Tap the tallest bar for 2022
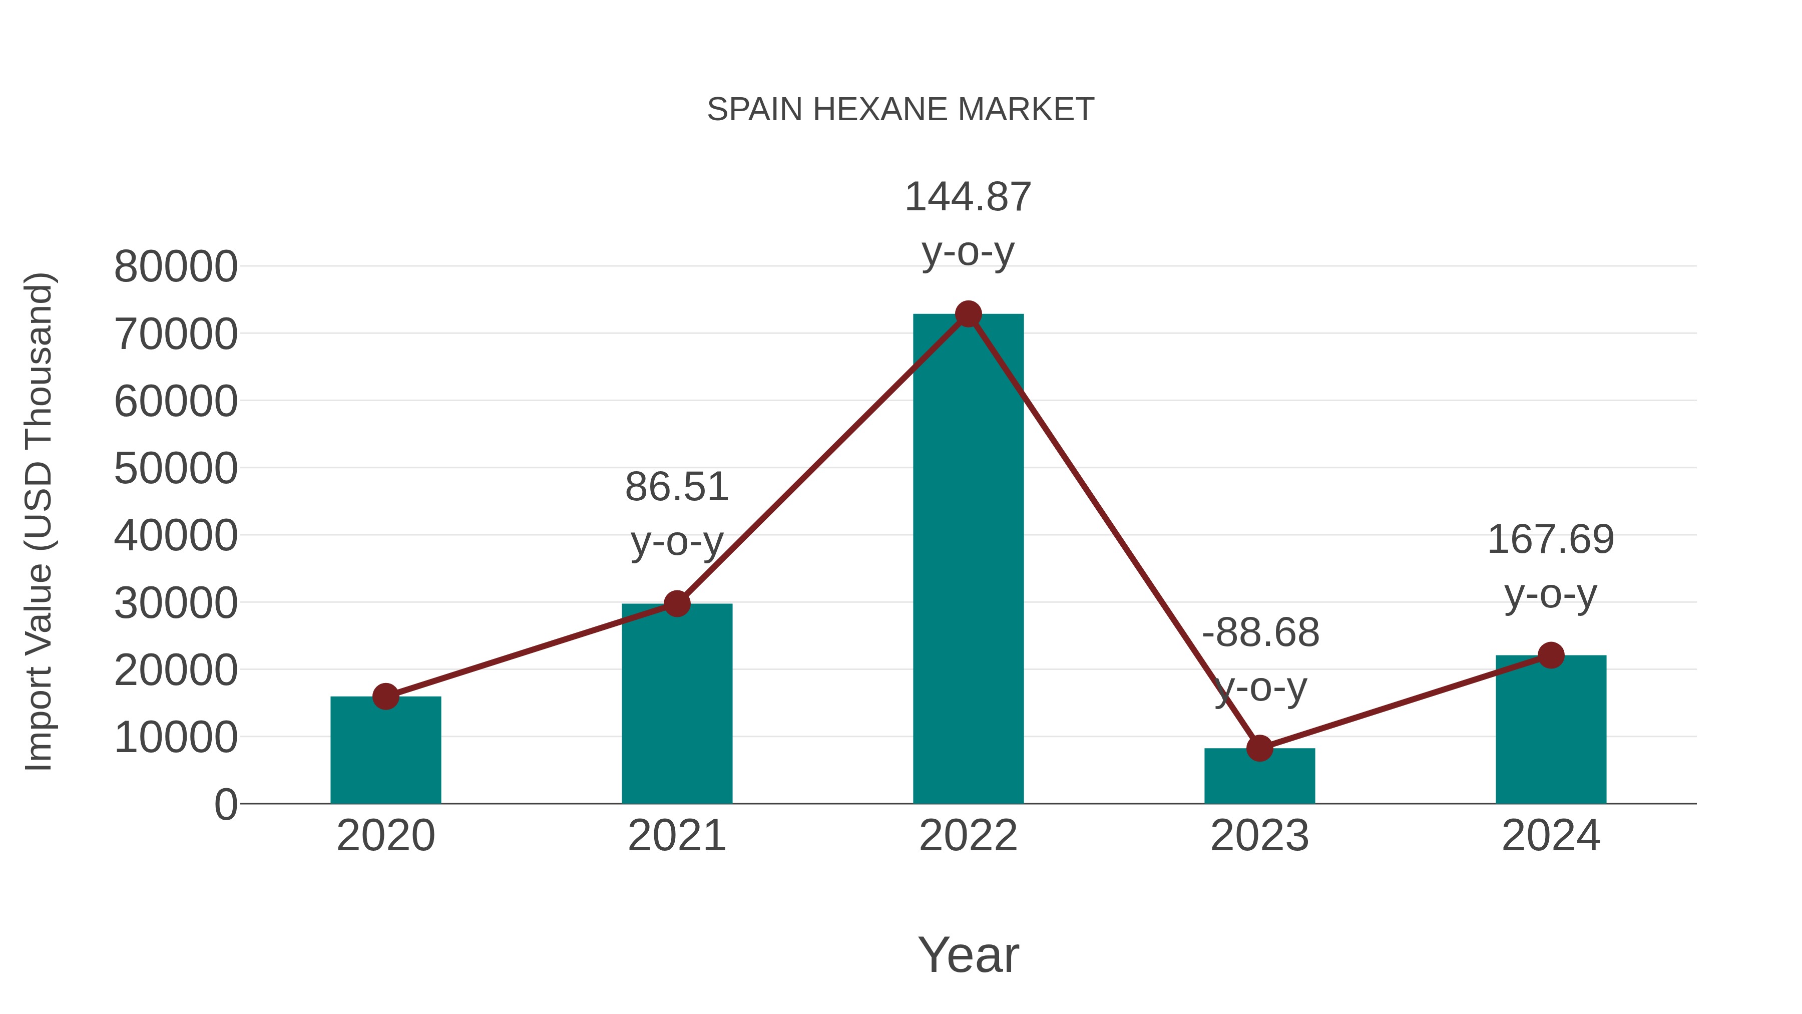pos(968,560)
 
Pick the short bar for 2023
pos(1259,776)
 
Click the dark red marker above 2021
pos(676,603)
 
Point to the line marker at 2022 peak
pos(968,314)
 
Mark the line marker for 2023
pos(1259,748)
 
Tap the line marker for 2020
pos(385,697)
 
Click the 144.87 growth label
pos(968,197)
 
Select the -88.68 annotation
pos(1260,633)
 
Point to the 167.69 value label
pos(1550,540)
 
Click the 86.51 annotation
pos(676,487)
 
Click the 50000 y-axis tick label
pos(176,468)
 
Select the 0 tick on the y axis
pos(225,805)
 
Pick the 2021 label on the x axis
pos(676,836)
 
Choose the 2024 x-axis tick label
pos(1550,836)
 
